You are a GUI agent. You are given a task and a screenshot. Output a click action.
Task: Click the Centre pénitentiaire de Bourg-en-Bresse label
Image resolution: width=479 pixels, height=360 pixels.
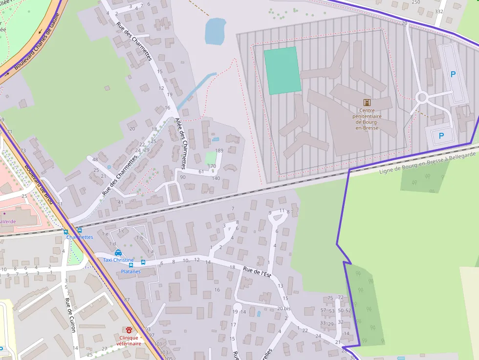[x=367, y=119]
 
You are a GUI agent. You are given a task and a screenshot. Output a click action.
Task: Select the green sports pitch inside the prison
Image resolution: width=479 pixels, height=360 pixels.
[x=283, y=70]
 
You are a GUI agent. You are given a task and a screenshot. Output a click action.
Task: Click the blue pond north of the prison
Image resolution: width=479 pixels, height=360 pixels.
[x=215, y=31]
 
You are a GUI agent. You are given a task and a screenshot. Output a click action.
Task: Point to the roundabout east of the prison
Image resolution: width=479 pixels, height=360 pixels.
[x=422, y=98]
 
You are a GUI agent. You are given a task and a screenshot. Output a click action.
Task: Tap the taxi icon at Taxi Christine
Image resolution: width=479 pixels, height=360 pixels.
[x=118, y=253]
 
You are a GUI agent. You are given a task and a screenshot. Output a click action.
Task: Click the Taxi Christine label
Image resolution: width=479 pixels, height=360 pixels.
[x=118, y=260]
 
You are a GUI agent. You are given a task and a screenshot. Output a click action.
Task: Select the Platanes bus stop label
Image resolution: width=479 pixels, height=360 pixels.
[x=131, y=272]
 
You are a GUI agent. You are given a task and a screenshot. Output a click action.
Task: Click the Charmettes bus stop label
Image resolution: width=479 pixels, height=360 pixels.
[x=80, y=237]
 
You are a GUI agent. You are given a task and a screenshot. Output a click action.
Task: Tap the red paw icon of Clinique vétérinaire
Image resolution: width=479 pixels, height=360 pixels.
[x=129, y=330]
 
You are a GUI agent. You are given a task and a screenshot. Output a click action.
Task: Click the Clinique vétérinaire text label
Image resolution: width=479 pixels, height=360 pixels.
[x=129, y=340]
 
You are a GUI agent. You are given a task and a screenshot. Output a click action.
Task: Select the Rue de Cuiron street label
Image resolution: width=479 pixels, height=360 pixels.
[x=71, y=315]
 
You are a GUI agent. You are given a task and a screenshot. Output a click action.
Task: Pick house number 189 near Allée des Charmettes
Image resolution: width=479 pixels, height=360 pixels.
[x=219, y=150]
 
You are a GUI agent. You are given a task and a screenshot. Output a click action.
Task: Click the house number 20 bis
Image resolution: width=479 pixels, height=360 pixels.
[x=283, y=308]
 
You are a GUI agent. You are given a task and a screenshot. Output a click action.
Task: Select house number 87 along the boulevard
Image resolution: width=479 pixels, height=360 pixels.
[x=127, y=299]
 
